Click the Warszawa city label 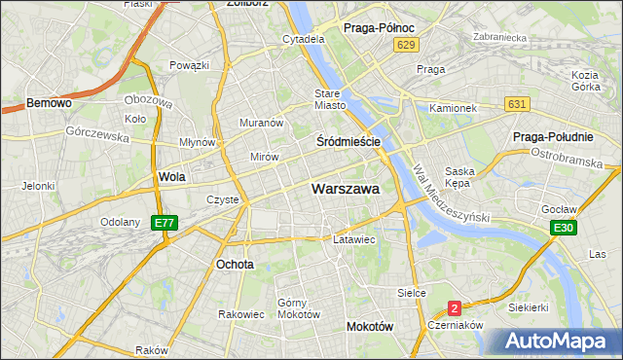(x=345, y=189)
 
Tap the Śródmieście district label (x=348, y=141)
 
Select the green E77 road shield (x=165, y=223)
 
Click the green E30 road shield (x=562, y=228)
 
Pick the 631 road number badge (x=517, y=104)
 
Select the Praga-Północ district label (x=380, y=28)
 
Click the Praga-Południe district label (x=553, y=136)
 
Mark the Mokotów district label (x=369, y=327)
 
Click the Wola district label (x=171, y=177)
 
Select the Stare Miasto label (x=330, y=99)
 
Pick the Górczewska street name (x=97, y=136)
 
